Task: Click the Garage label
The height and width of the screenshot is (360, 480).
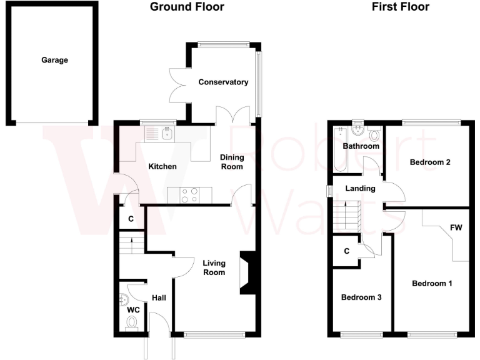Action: click(54, 61)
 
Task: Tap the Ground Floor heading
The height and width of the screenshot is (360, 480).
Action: click(187, 7)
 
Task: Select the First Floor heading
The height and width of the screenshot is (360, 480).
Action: click(400, 7)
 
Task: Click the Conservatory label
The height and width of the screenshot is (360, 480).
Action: click(223, 82)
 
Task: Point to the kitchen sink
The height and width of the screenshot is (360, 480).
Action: click(166, 133)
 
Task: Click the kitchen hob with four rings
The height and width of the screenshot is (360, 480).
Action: click(189, 196)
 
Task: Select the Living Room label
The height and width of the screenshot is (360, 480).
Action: click(213, 267)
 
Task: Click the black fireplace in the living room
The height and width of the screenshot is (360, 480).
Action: click(247, 272)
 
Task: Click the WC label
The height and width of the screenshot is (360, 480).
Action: click(133, 310)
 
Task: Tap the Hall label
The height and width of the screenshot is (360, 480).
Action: click(159, 299)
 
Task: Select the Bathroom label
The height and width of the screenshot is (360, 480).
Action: click(361, 146)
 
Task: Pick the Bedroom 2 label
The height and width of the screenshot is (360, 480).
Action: click(430, 162)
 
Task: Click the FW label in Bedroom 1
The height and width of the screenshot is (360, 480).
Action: click(456, 228)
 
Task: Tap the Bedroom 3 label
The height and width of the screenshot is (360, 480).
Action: click(361, 297)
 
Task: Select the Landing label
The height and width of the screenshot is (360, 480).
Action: click(361, 189)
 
